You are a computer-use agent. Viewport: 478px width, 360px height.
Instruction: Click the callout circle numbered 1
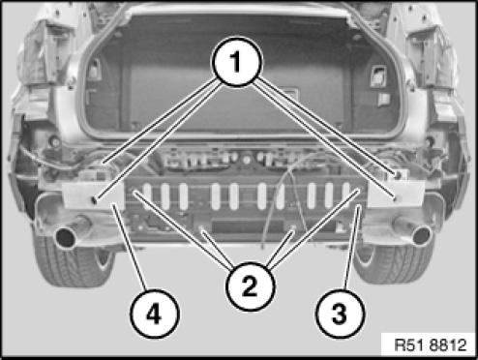pos(237,62)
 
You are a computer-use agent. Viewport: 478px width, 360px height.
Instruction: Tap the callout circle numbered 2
pos(250,286)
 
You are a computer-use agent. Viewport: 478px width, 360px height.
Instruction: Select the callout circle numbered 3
pos(340,314)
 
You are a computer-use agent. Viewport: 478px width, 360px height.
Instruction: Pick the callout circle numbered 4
pos(154,314)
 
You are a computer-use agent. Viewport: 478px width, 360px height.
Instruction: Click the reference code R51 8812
pos(431,345)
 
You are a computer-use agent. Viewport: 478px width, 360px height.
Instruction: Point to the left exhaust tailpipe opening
pos(66,238)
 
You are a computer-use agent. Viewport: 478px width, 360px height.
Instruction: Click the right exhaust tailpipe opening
pos(422,235)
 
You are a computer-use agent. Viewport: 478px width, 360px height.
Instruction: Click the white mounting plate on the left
pos(93,195)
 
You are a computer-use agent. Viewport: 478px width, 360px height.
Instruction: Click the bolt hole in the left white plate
pos(94,200)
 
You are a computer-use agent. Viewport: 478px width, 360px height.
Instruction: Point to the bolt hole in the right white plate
pos(395,198)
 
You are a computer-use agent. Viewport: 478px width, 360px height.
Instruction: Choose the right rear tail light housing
pos(433,55)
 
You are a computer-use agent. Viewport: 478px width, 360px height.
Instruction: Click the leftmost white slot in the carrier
pos(147,196)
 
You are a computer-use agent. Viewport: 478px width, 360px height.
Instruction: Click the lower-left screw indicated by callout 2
pos(201,228)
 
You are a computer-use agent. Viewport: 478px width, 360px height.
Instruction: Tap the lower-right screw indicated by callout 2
pos(293,227)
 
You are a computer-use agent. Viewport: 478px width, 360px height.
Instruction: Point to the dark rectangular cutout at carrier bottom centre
pos(248,226)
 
